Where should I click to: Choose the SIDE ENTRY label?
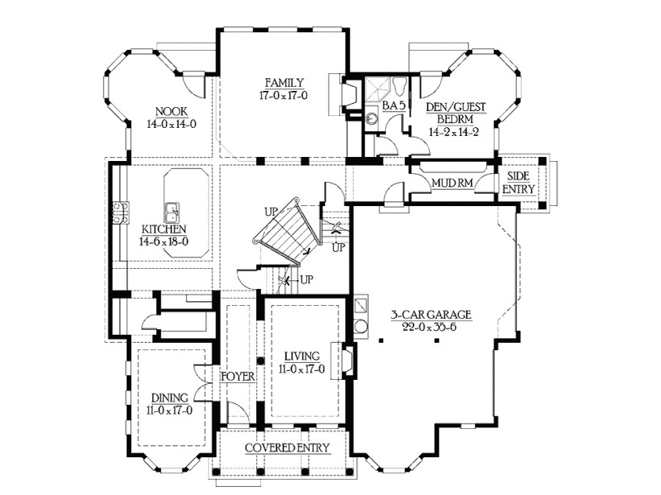(518, 182)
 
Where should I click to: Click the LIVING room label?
(302, 357)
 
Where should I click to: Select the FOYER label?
(239, 376)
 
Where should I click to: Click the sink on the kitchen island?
(172, 213)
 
